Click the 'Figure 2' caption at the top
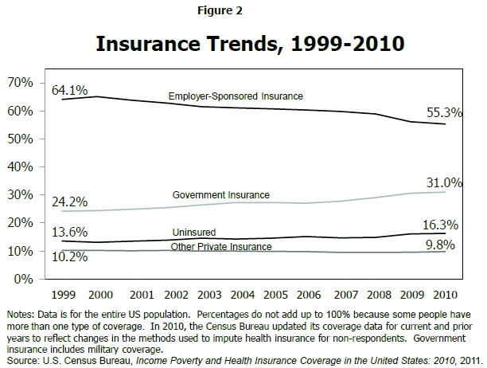tap(240, 11)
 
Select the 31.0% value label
tap(445, 182)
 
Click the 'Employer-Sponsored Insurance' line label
tap(236, 96)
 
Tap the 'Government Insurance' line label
tap(220, 195)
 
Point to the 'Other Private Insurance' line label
tap(221, 247)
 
